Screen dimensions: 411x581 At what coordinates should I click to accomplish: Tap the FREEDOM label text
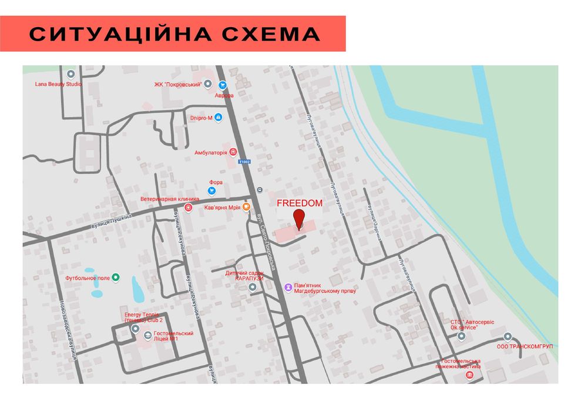pyautogui.click(x=300, y=203)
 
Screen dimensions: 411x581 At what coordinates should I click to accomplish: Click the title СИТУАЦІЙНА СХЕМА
pyautogui.click(x=174, y=35)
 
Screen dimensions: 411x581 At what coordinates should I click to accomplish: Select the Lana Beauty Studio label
pyautogui.click(x=58, y=84)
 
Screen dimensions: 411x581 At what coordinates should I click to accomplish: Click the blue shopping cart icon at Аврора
pyautogui.click(x=223, y=85)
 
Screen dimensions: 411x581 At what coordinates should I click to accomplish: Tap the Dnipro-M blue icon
pyautogui.click(x=219, y=118)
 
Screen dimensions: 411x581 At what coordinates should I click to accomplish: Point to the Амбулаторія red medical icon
pyautogui.click(x=233, y=152)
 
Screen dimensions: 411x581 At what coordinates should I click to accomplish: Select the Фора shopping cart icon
pyautogui.click(x=211, y=191)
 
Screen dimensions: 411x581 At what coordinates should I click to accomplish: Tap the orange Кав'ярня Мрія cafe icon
pyautogui.click(x=247, y=207)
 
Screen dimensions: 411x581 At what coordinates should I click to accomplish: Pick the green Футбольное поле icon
pyautogui.click(x=116, y=278)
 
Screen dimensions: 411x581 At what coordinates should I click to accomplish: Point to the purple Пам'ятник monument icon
pyautogui.click(x=288, y=287)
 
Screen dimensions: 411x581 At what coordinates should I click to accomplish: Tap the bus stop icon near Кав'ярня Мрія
pyautogui.click(x=260, y=190)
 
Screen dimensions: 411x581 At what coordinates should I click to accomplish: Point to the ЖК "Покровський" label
pyautogui.click(x=178, y=85)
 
